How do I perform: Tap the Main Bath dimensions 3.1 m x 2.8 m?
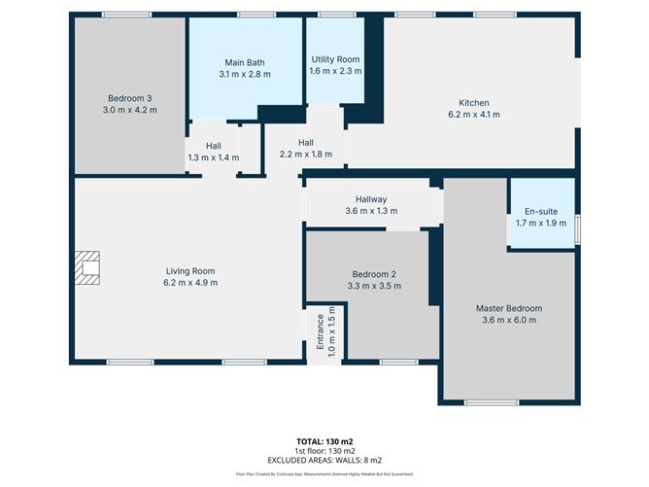pyautogui.click(x=245, y=74)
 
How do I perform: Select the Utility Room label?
pyautogui.click(x=336, y=59)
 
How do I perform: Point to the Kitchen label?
pyautogui.click(x=474, y=103)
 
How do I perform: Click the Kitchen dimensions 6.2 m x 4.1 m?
pyautogui.click(x=474, y=115)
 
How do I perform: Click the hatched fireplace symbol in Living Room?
pyautogui.click(x=89, y=268)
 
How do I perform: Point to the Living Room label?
pyautogui.click(x=190, y=271)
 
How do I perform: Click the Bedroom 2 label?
pyautogui.click(x=372, y=275)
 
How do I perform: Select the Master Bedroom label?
pyautogui.click(x=508, y=308)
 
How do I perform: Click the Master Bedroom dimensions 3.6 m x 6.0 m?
pyautogui.click(x=508, y=320)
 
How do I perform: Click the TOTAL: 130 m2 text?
pyautogui.click(x=324, y=441)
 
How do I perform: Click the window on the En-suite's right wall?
pyautogui.click(x=577, y=228)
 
